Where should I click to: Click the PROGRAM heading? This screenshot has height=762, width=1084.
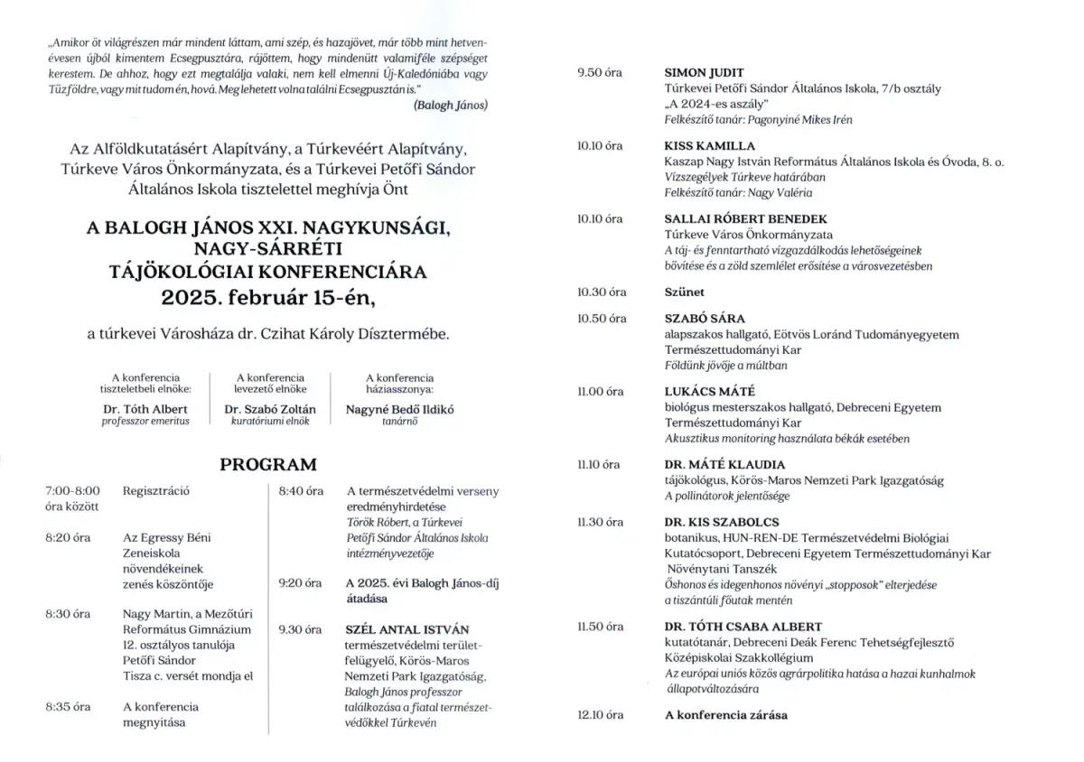pos(269,465)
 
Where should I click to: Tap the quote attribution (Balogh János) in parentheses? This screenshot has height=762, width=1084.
pos(450,105)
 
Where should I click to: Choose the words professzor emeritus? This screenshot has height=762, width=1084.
pos(145,422)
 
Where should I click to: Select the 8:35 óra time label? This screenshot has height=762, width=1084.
pos(68,706)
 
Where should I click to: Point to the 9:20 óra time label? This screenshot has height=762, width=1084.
pos(301,583)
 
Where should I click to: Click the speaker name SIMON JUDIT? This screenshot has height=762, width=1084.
pos(704,72)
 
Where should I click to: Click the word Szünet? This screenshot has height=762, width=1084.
pos(685,292)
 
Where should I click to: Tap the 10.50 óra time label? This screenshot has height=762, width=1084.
pos(601,319)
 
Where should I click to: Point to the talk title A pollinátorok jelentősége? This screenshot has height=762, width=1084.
pos(727,496)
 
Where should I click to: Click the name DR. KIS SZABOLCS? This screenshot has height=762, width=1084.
pos(722,522)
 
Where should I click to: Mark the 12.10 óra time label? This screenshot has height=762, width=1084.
pos(601,715)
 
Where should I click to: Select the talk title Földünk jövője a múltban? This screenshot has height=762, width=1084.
pos(725,366)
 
